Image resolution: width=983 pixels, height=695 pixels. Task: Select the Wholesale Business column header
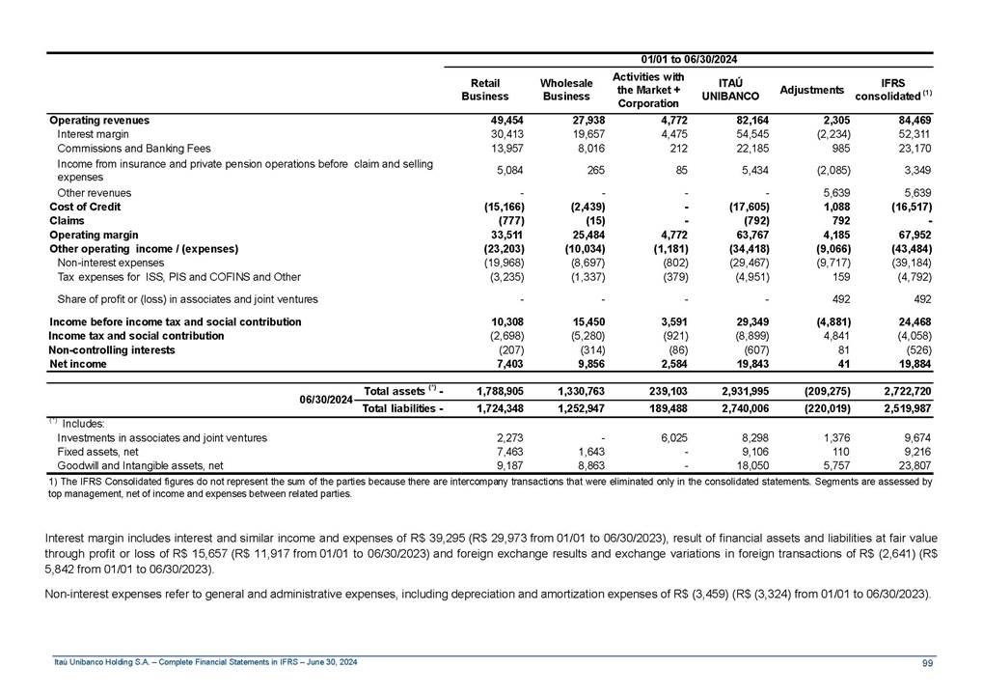pos(566,90)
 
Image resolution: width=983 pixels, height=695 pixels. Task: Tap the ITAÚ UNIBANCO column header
pos(728,90)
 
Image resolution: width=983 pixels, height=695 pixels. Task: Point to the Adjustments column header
pos(811,90)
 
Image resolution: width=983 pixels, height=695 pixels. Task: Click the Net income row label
pos(78,364)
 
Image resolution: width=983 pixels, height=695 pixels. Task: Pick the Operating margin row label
pos(94,235)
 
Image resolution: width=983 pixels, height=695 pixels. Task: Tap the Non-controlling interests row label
pos(112,349)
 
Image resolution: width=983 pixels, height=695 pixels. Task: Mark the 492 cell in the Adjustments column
pos(833,298)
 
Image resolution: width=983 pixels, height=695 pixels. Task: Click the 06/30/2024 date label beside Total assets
pos(325,399)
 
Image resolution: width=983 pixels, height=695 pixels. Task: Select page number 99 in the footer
pos(927,661)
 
